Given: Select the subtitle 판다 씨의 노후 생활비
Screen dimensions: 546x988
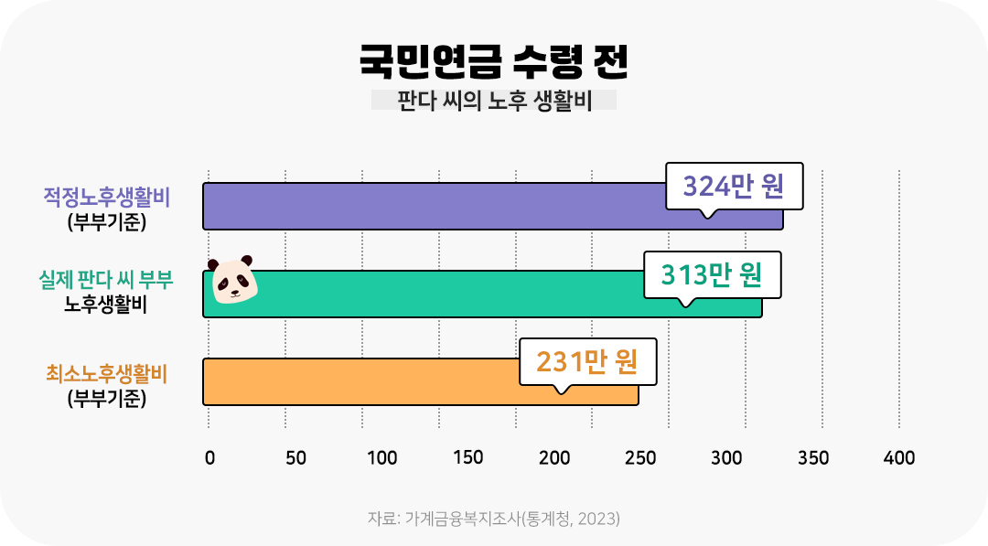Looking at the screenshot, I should point(494,101).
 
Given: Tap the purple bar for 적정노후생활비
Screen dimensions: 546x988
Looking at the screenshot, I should point(430,206).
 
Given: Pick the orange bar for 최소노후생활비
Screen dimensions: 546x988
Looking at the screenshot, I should point(366,381).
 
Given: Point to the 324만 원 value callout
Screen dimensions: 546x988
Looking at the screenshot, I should point(734,187).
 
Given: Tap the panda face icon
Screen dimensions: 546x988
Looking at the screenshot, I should point(233,280).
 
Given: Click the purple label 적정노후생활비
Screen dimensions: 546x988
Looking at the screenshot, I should point(108,197).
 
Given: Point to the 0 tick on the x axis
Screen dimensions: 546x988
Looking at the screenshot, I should point(209,458).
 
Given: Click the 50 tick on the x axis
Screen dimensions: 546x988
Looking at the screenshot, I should point(295,458).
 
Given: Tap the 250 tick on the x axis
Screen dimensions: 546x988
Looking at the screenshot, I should point(640,458).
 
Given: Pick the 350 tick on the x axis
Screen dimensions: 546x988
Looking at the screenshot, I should point(813,458).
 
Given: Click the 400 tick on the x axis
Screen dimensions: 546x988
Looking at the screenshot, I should point(899,458).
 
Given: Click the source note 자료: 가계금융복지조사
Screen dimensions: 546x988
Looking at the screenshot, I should point(493,519).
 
